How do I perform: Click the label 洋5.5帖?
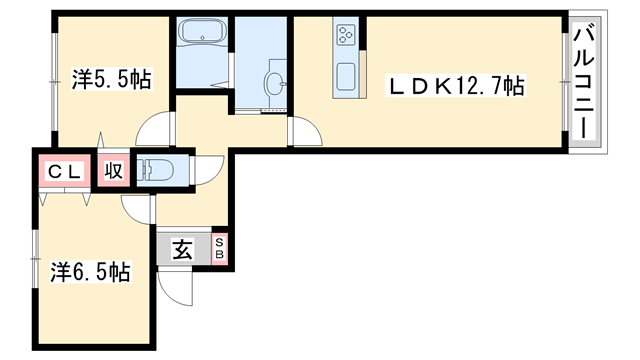tap(111, 80)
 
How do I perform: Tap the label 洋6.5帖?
tap(90, 270)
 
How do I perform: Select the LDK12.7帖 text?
tap(456, 87)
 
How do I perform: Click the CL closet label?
tap(65, 171)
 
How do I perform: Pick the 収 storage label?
tap(113, 170)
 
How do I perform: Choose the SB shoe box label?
tap(220, 249)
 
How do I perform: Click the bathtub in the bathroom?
tap(203, 35)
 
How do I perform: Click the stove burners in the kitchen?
tap(346, 37)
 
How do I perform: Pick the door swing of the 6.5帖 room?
tap(136, 208)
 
